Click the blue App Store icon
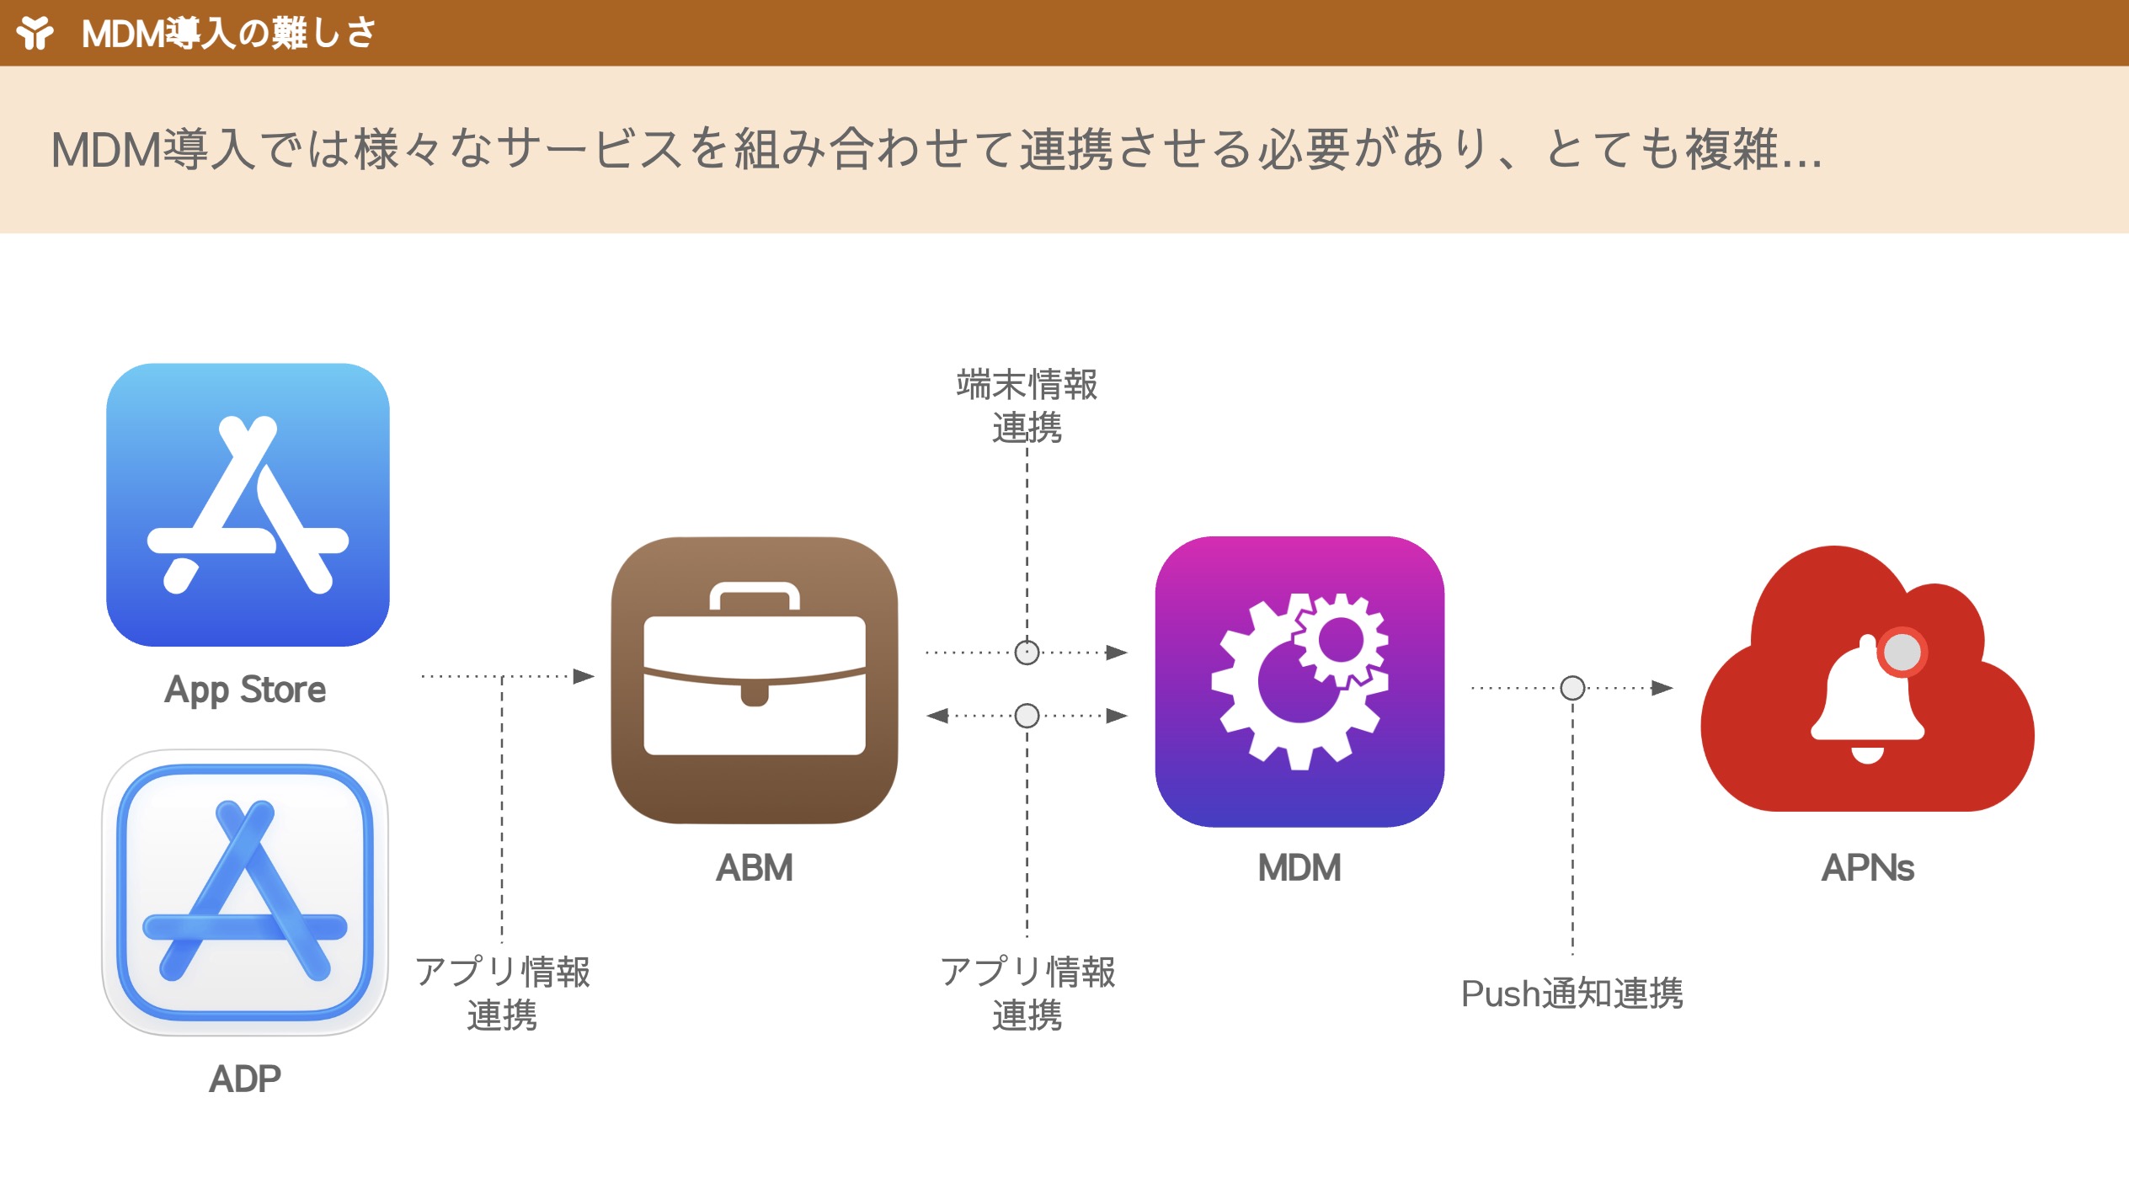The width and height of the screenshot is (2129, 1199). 248,504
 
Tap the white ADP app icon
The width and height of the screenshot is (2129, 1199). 245,892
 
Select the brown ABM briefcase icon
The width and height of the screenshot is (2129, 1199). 754,679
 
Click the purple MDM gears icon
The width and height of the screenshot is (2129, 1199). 1299,681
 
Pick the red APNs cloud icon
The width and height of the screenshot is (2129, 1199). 1867,682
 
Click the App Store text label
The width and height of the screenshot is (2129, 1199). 245,690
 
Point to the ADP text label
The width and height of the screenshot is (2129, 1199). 245,1079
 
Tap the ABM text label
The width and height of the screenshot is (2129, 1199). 754,868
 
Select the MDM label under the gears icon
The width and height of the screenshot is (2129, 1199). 1299,868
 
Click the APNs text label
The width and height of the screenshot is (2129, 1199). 1867,868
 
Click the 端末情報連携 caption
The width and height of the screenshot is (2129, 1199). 1027,406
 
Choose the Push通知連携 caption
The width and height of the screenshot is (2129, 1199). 1571,994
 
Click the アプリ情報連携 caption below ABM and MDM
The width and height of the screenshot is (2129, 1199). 1027,994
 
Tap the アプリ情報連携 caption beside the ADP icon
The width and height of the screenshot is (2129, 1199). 502,994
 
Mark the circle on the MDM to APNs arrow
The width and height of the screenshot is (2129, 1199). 1572,688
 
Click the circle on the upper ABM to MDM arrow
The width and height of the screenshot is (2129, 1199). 1027,652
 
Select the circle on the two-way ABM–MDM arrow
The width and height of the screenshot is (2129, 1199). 1027,716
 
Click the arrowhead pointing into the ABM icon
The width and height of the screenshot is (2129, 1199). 584,676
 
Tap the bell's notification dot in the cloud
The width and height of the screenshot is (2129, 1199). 1902,652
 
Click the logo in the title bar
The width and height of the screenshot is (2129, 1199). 35,33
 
